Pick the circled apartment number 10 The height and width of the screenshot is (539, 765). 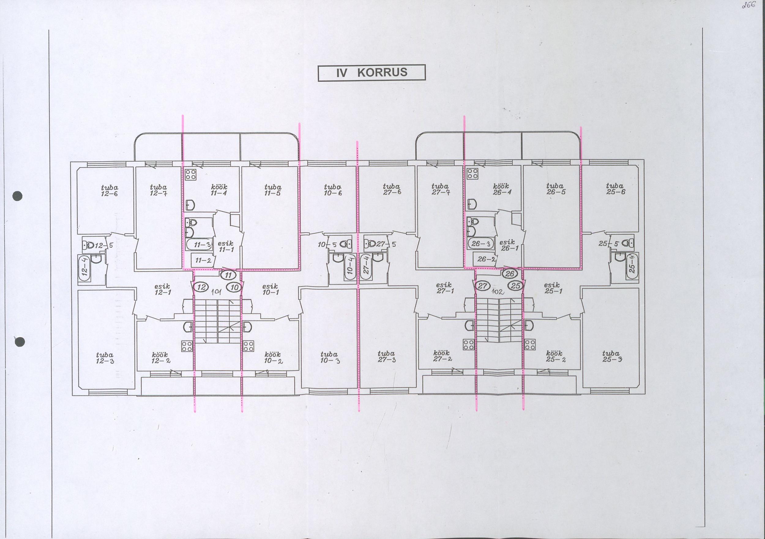[235, 287]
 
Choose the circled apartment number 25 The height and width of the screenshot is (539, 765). [516, 286]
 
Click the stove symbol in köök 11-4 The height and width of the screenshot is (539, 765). [191, 174]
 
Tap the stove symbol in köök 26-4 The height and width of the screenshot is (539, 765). [473, 173]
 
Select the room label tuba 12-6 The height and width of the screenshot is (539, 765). [109, 190]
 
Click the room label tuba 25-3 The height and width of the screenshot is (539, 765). [611, 356]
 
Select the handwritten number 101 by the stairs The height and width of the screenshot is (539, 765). [217, 292]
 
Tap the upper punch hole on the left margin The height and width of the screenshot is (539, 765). [18, 196]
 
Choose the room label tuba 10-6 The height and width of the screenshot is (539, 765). [333, 190]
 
